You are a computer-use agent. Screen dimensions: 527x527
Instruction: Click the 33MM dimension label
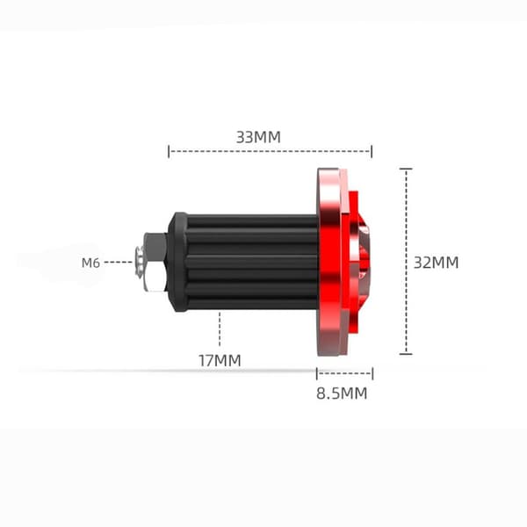tap(258, 137)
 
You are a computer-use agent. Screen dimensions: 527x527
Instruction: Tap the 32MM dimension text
tap(436, 263)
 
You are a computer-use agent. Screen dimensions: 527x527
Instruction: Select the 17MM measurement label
tap(220, 361)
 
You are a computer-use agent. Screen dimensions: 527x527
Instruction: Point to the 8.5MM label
tap(342, 393)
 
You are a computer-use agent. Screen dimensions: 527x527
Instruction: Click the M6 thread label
tap(90, 263)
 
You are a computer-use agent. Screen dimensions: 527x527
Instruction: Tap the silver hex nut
tap(155, 262)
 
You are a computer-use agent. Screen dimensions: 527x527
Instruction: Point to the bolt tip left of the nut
tap(140, 262)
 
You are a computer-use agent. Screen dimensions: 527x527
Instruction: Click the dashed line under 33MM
tap(270, 151)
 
